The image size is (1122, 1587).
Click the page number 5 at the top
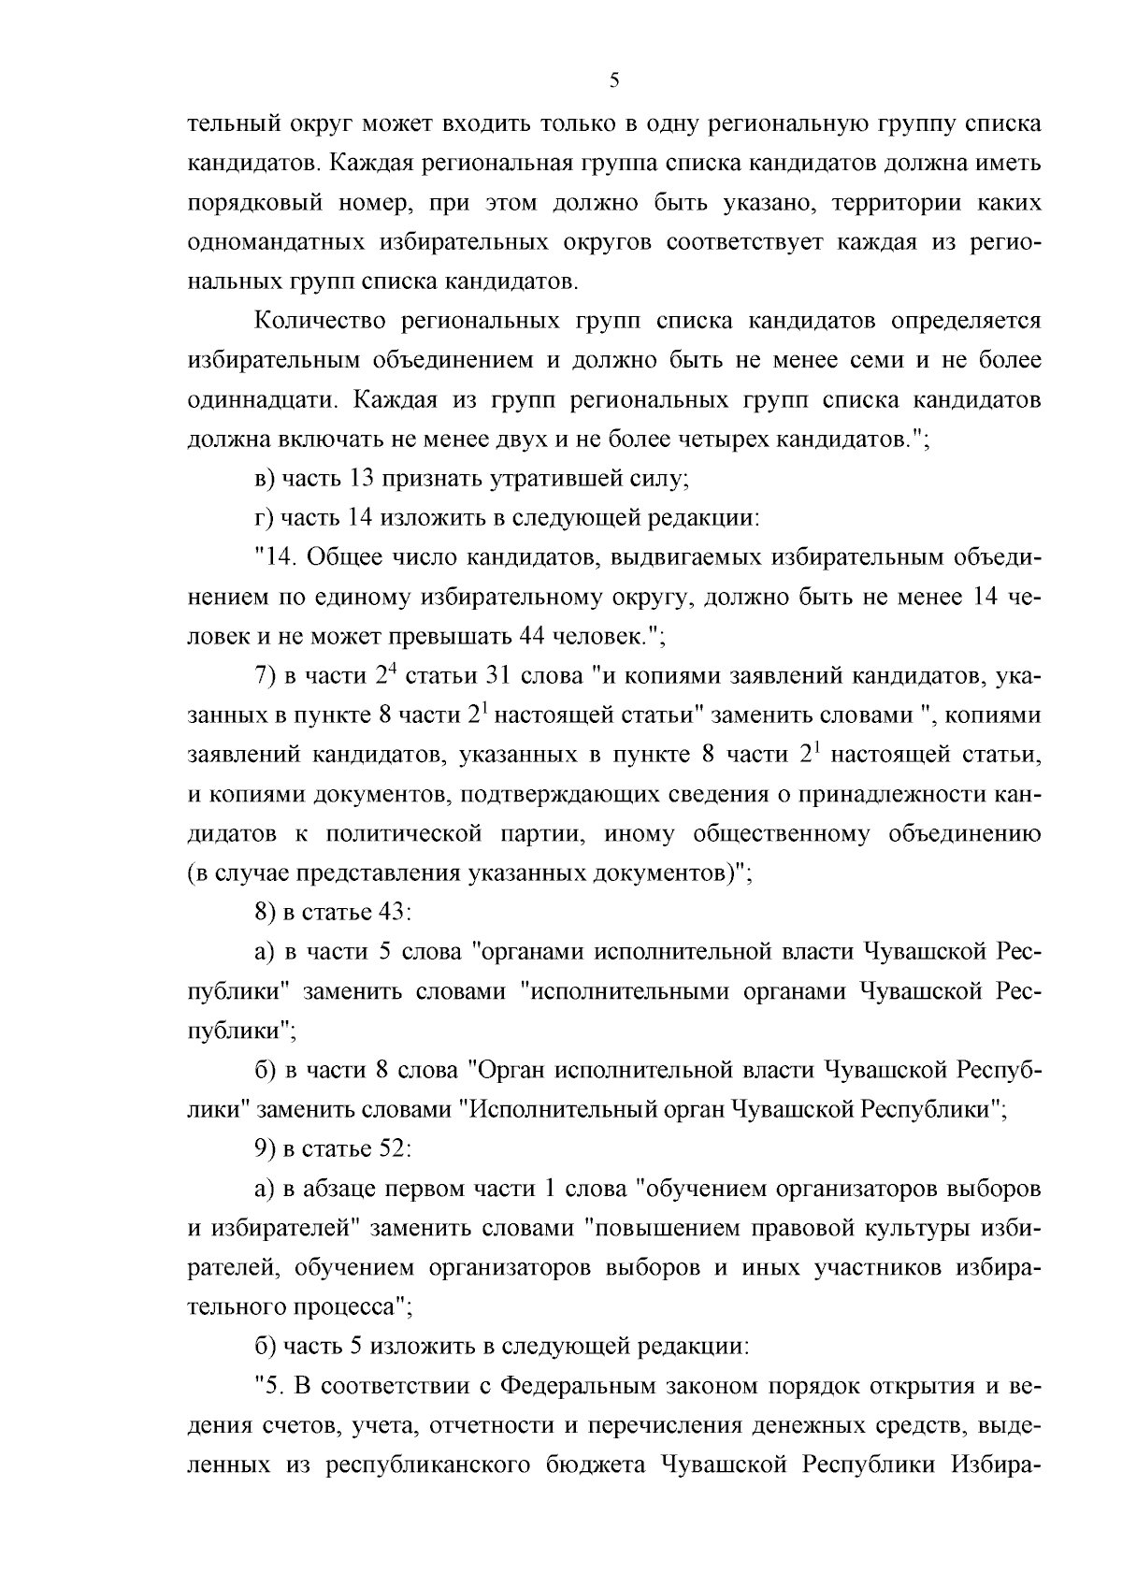click(x=613, y=80)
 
